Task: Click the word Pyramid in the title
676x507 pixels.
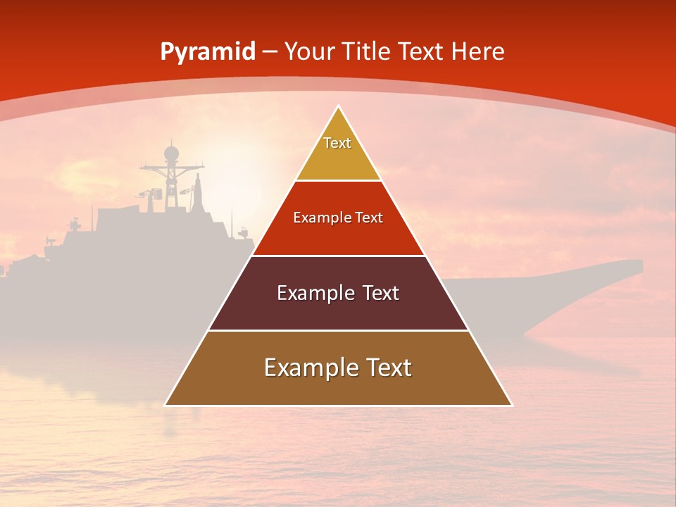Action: tap(208, 52)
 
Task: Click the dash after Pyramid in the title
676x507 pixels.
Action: tap(270, 52)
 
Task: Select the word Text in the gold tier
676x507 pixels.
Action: tap(337, 143)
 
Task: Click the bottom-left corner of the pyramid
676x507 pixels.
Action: tap(165, 405)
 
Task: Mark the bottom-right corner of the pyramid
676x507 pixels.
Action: tap(511, 405)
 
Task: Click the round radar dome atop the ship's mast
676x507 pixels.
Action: tap(171, 153)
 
